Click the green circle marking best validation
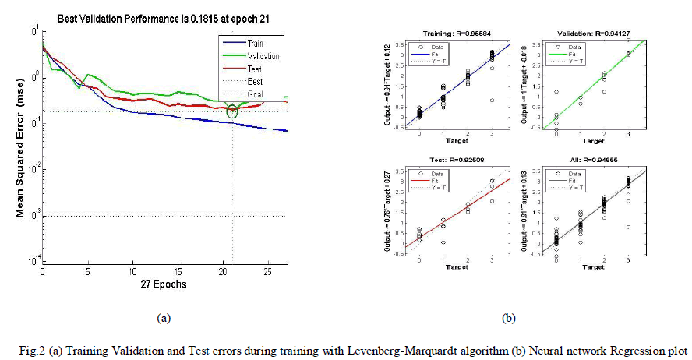232,112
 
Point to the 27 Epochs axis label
164,284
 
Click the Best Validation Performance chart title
161,17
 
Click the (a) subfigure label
163,317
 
